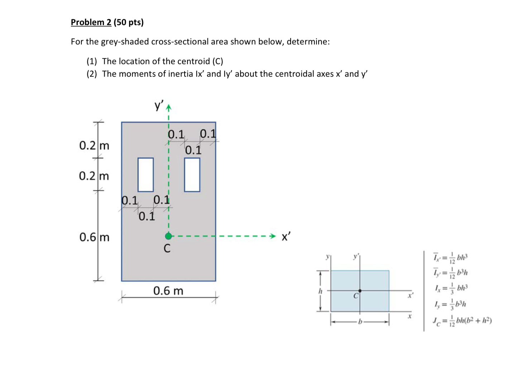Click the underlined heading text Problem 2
91,22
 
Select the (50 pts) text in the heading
129,22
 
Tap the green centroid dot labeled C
168,236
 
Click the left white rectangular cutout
146,175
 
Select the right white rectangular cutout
192,175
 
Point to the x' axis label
286,236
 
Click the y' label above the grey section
159,106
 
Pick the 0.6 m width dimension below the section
168,290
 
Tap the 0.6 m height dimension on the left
94,237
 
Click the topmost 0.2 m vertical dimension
94,145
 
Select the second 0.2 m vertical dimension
94,176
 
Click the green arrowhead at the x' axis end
273,236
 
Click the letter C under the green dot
167,248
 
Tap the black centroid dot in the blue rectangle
360,291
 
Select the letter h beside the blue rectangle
320,291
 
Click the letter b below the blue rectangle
360,322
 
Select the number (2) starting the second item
92,74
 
